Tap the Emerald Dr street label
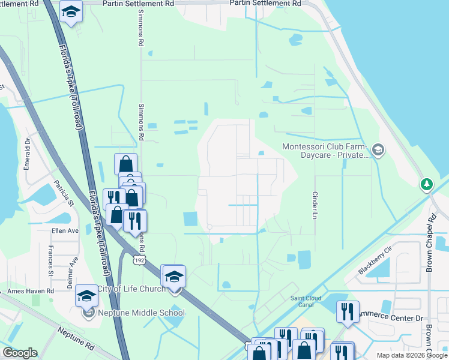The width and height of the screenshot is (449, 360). click(x=27, y=154)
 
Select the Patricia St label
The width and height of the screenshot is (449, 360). click(x=63, y=193)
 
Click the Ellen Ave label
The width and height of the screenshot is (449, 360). click(x=65, y=230)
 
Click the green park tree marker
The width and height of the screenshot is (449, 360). click(x=427, y=184)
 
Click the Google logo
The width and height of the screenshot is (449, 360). click(x=20, y=353)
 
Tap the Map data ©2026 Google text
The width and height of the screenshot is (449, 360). click(x=412, y=355)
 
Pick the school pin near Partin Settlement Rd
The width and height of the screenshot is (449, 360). click(x=71, y=12)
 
